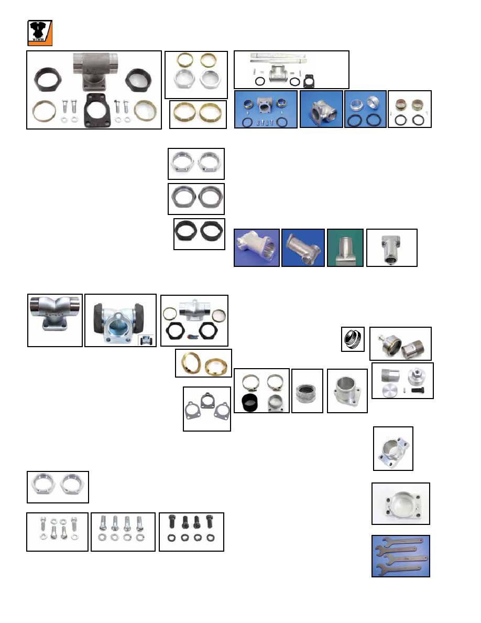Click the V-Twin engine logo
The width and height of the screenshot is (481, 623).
pos(39,33)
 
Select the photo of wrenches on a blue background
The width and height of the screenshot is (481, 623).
pos(400,556)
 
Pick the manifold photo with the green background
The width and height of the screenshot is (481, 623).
pos(345,248)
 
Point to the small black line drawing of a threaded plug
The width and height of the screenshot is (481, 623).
pos(352,339)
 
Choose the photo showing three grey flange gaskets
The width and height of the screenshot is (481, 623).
pos(207,409)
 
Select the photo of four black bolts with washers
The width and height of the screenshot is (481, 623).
pos(191,531)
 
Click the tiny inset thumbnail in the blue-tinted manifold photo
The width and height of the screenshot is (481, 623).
pos(146,341)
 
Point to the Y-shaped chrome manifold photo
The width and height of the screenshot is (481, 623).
pos(54,320)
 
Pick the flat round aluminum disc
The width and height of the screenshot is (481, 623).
pos(389,389)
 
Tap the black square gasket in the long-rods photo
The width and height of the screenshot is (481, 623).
pos(309,80)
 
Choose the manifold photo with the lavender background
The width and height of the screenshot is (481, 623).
pos(256,248)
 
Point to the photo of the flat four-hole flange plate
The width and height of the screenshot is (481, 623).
pos(400,503)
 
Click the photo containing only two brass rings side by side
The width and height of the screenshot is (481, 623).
pos(198,114)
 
